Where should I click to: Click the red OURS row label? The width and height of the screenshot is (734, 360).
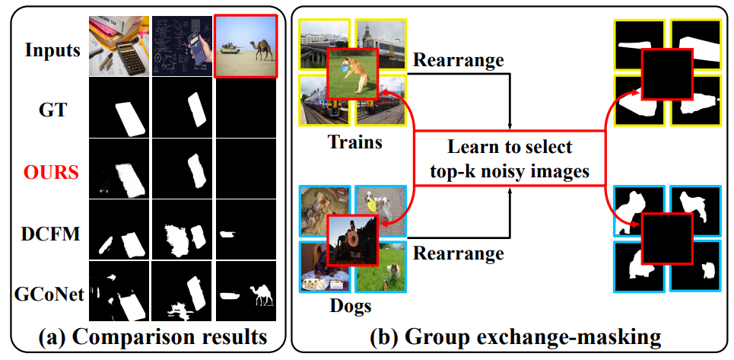[52, 173]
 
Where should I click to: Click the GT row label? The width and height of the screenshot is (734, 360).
[52, 110]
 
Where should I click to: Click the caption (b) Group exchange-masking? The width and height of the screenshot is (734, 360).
[512, 337]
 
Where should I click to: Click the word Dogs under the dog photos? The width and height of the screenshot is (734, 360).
[351, 306]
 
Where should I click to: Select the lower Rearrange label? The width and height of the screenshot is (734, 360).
[459, 253]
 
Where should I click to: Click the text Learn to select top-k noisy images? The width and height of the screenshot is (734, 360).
[510, 159]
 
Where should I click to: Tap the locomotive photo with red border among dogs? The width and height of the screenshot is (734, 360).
[353, 241]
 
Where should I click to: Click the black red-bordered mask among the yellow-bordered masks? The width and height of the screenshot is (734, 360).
[666, 74]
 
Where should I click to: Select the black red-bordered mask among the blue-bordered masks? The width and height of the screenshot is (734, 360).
[666, 239]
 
